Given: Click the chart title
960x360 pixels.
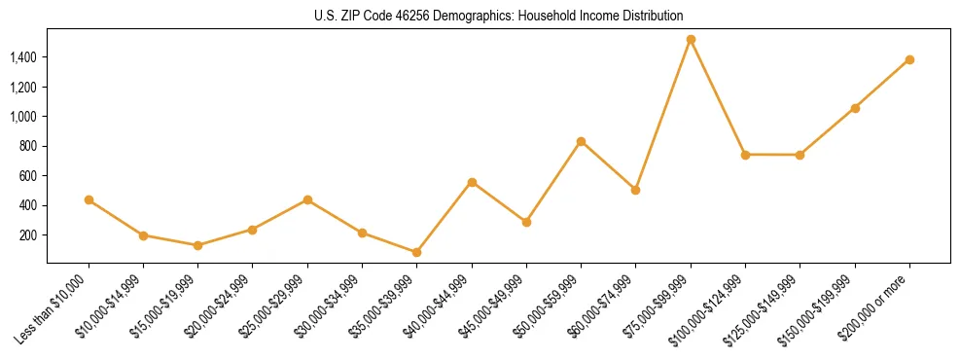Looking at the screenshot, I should click(x=498, y=16).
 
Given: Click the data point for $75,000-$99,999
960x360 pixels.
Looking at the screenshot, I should click(x=691, y=40).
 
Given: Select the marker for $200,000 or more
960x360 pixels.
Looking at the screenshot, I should click(x=909, y=59).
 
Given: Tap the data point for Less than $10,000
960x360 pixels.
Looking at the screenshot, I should click(x=89, y=199).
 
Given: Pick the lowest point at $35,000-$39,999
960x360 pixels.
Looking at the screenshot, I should click(x=417, y=252).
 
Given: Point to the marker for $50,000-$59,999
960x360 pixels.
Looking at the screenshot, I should click(x=581, y=141).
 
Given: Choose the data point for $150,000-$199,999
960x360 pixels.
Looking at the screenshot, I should click(x=855, y=108).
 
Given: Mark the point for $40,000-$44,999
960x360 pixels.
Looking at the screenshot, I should click(x=472, y=182).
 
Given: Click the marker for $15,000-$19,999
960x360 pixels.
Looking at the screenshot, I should click(x=198, y=245).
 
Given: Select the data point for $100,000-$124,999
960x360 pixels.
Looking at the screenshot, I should click(x=745, y=155).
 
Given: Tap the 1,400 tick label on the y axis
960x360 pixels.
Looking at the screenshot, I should click(x=23, y=57).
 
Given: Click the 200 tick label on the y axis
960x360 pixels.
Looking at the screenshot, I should click(x=28, y=235).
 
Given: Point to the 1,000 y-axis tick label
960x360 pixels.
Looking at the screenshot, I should click(x=23, y=117).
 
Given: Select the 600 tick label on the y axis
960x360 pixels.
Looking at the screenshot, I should click(x=28, y=176).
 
